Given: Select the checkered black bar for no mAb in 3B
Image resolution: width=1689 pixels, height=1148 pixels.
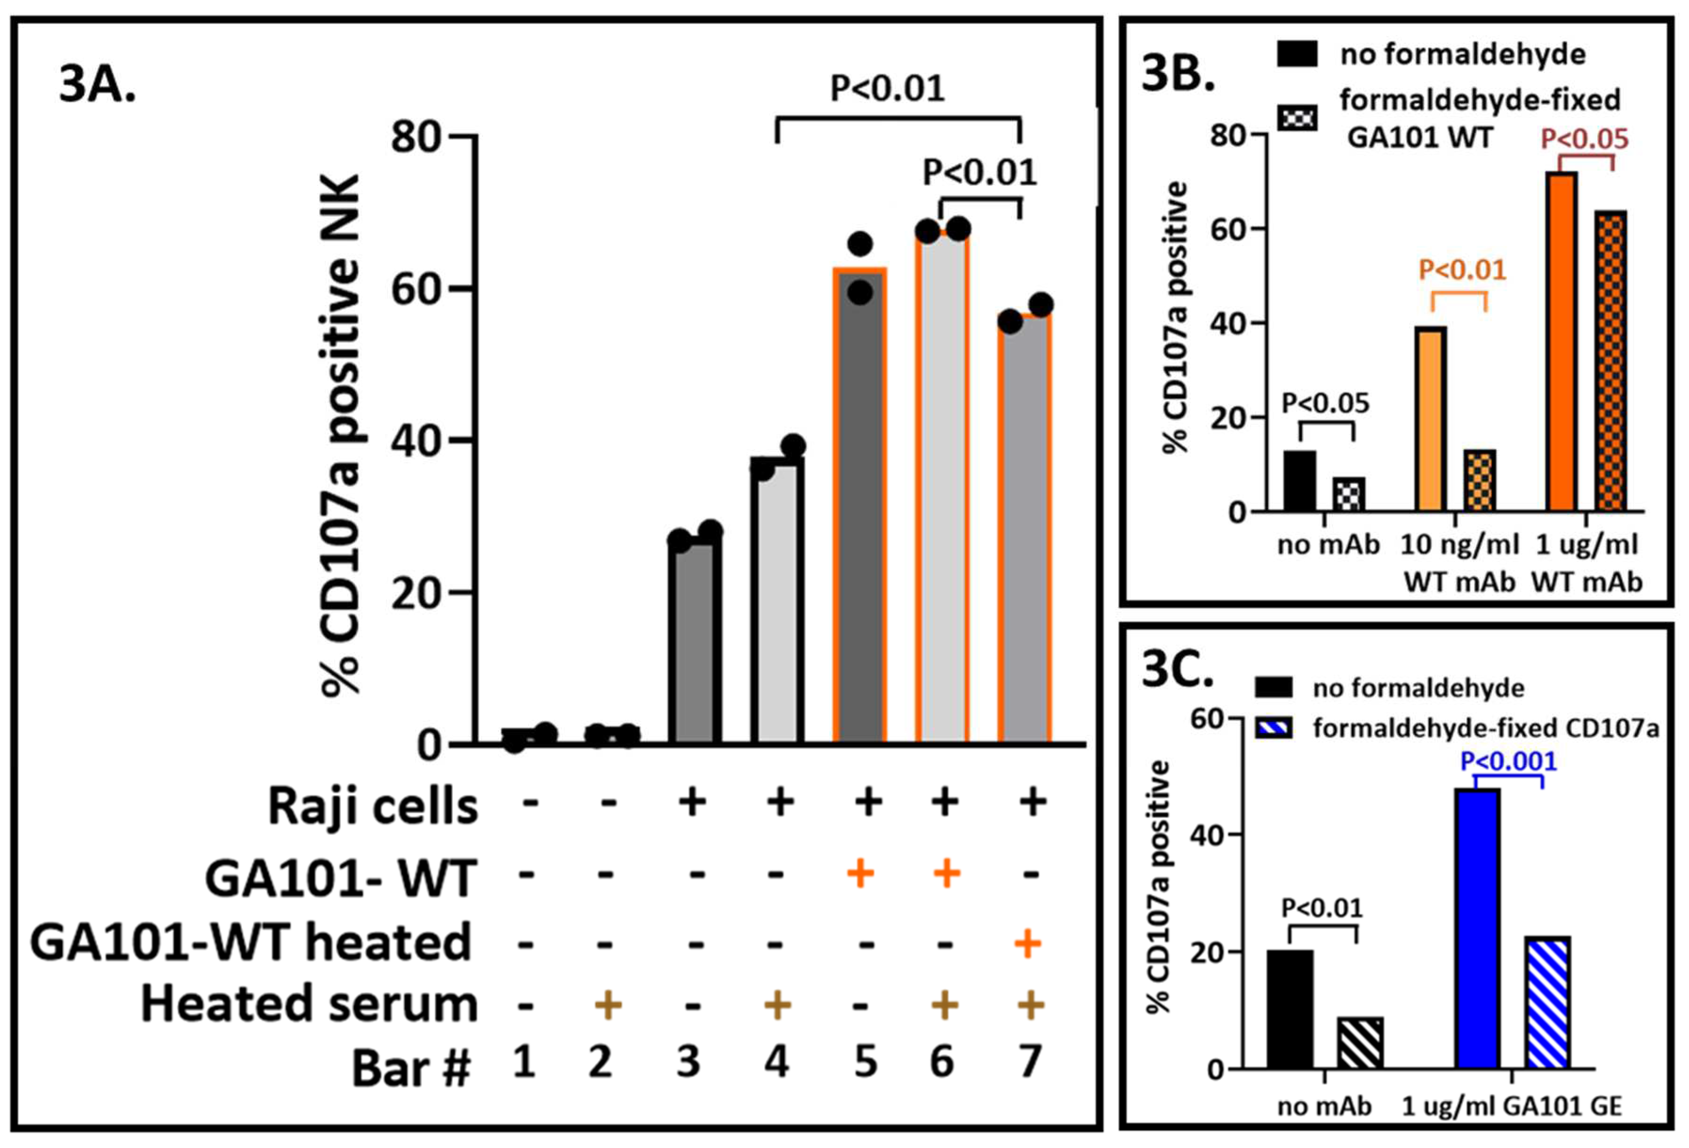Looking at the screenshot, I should [1349, 494].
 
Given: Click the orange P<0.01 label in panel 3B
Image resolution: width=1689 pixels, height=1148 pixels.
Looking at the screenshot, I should [1462, 270].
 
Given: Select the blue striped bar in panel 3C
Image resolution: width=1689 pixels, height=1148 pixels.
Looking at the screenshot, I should [1547, 1003].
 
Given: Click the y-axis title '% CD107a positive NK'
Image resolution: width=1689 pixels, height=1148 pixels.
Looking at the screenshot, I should [340, 436].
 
